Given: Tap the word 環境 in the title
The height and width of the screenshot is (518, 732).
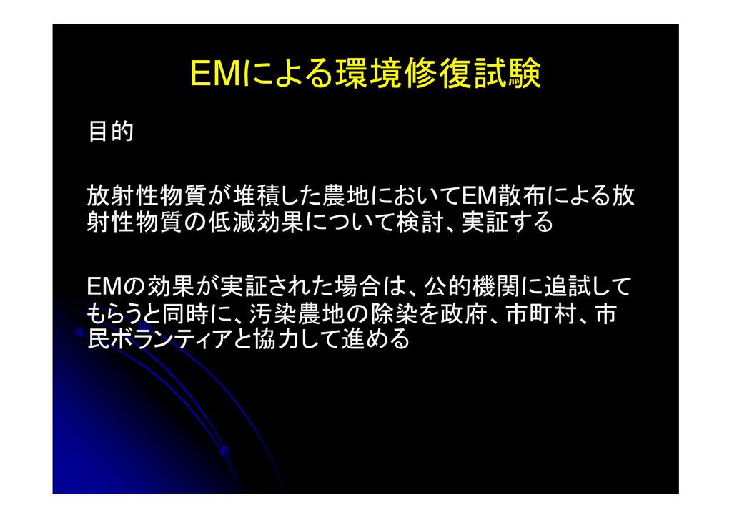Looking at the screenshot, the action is (369, 74).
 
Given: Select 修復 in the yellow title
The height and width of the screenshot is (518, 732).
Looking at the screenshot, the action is (440, 74).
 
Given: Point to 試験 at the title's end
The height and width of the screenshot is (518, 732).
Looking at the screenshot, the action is (508, 74).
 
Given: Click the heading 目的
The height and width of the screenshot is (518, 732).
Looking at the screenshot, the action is (111, 131).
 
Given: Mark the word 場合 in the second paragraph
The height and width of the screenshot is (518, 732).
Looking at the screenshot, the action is (359, 286).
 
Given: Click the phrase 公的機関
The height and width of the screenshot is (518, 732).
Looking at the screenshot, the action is (473, 286).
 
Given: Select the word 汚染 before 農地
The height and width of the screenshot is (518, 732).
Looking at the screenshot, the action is (274, 314).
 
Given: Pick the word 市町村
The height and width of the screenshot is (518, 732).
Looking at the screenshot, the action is (543, 314).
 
